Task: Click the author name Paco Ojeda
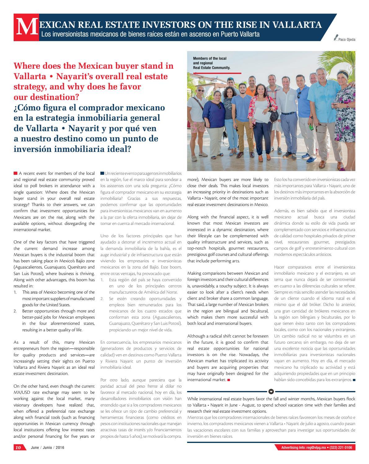pos(347,40)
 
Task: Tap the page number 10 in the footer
pos(19,448)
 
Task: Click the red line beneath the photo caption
pos(217,73)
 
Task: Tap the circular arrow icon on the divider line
pos(271,391)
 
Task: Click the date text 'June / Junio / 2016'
pos(48,448)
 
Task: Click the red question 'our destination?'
pos(46,97)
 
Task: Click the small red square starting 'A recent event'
pos(15,173)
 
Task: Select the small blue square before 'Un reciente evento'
pos(102,173)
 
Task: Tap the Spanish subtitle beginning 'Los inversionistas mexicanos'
pos(150,34)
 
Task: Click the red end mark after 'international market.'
pos(229,380)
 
